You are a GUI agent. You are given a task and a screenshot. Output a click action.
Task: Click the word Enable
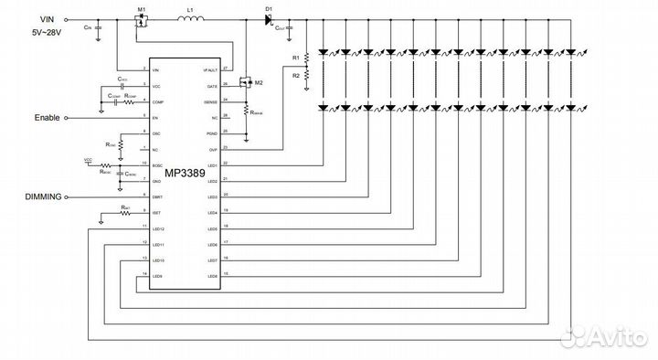click(x=47, y=117)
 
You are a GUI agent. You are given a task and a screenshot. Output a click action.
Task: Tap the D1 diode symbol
click(x=269, y=19)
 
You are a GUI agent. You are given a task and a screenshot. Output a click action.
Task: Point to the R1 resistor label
click(x=294, y=58)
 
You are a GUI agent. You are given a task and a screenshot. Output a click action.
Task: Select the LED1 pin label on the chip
click(x=212, y=164)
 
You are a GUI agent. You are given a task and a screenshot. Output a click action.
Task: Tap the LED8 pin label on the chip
click(x=212, y=276)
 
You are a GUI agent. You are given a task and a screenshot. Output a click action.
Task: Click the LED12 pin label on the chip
click(x=158, y=228)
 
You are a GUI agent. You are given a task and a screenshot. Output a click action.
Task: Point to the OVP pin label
click(x=213, y=149)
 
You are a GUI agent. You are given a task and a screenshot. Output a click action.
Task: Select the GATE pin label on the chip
click(x=212, y=85)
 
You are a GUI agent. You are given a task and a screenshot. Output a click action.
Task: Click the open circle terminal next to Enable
click(x=69, y=117)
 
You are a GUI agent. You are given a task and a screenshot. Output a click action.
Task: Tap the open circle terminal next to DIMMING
click(x=69, y=196)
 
